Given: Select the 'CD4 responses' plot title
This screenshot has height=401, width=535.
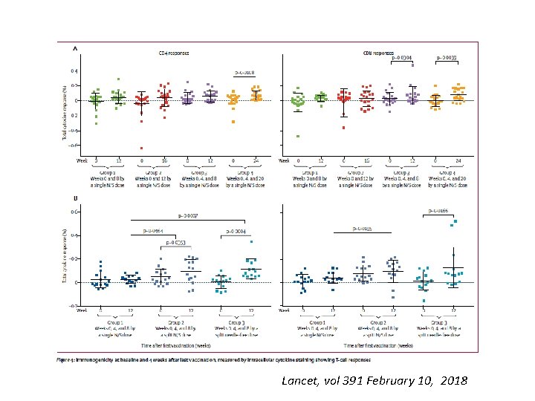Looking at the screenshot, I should [x=172, y=53].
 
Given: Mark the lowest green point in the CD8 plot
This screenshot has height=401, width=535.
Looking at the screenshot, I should [x=297, y=136].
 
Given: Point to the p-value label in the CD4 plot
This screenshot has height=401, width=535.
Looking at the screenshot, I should [x=244, y=73].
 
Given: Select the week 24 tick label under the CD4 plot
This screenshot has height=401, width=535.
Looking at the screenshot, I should [x=256, y=160].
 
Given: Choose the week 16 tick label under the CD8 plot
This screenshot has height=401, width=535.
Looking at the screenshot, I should [x=367, y=160].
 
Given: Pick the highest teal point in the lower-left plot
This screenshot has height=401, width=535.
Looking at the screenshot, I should [x=252, y=241].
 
